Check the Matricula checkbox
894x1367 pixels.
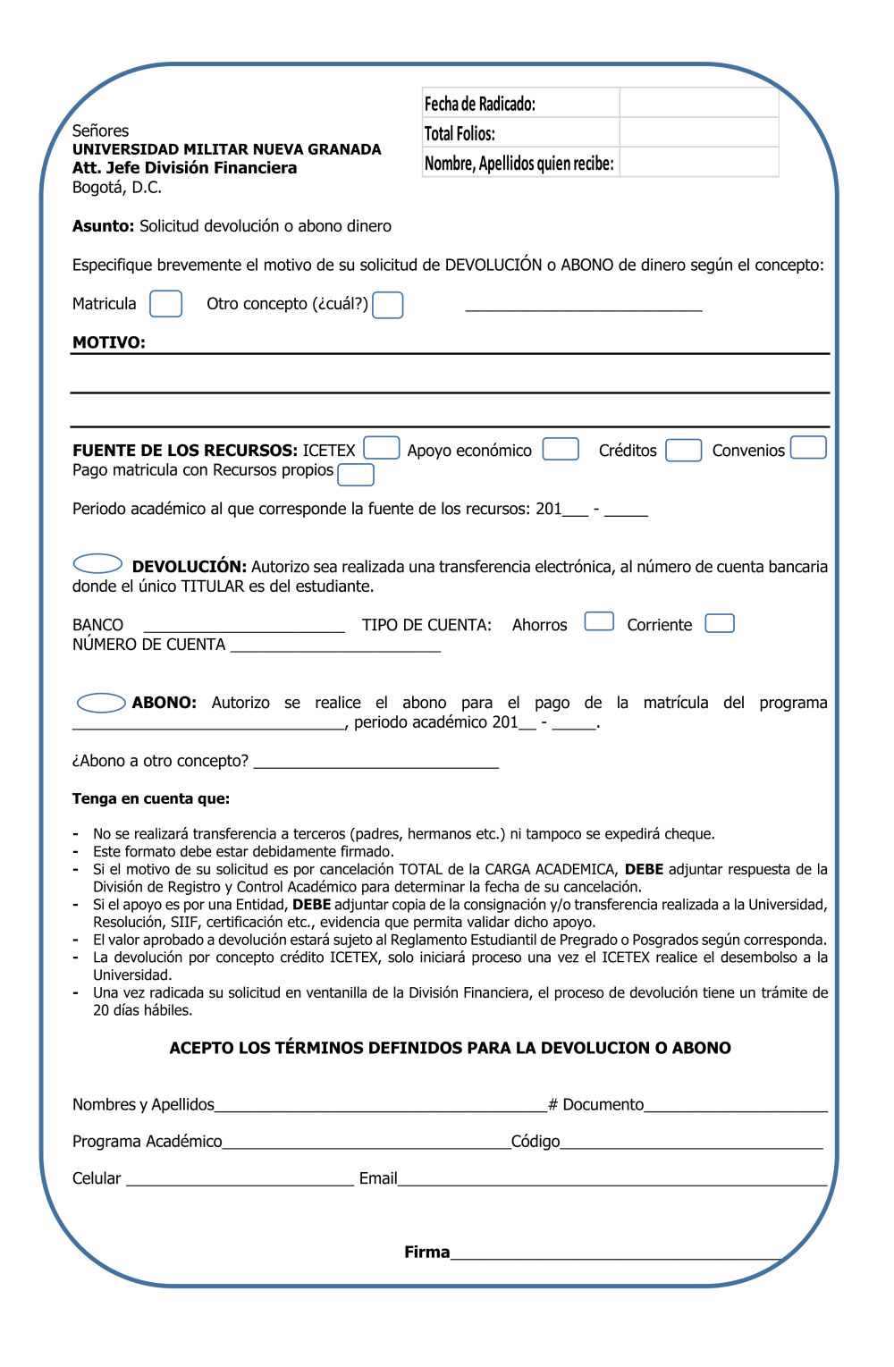[x=165, y=304]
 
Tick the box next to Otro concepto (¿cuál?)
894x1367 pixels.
[x=387, y=305]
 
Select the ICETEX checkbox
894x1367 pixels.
[x=381, y=448]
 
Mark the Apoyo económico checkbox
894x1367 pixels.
[x=561, y=449]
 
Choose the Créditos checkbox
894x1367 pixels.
[x=683, y=450]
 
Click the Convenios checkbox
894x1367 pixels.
[x=808, y=447]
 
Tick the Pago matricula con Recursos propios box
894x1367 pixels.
[x=356, y=475]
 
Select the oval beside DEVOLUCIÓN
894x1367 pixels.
[x=97, y=563]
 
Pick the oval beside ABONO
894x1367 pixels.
[x=101, y=703]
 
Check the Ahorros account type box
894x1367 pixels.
[x=599, y=621]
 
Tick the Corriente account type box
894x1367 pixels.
[x=720, y=623]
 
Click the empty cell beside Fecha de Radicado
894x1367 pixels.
[x=698, y=103]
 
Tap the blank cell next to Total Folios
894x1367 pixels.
[x=698, y=132]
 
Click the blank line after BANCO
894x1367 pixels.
[x=244, y=626]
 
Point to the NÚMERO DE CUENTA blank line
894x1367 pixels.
[x=335, y=646]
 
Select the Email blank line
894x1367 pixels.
[x=612, y=1179]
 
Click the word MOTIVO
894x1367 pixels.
[x=108, y=342]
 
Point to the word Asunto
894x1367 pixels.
[x=103, y=226]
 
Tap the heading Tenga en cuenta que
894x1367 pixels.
[x=151, y=799]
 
